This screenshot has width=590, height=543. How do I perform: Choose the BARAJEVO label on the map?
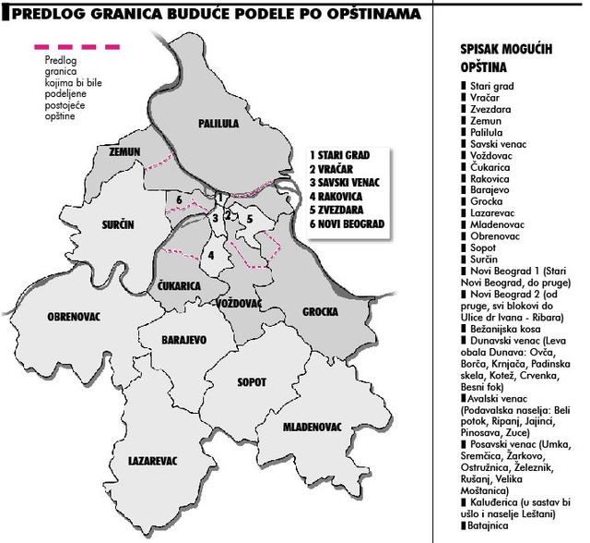[183, 340]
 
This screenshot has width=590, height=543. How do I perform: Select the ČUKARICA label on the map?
[179, 286]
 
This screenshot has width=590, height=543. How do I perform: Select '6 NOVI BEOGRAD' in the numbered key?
[350, 224]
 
